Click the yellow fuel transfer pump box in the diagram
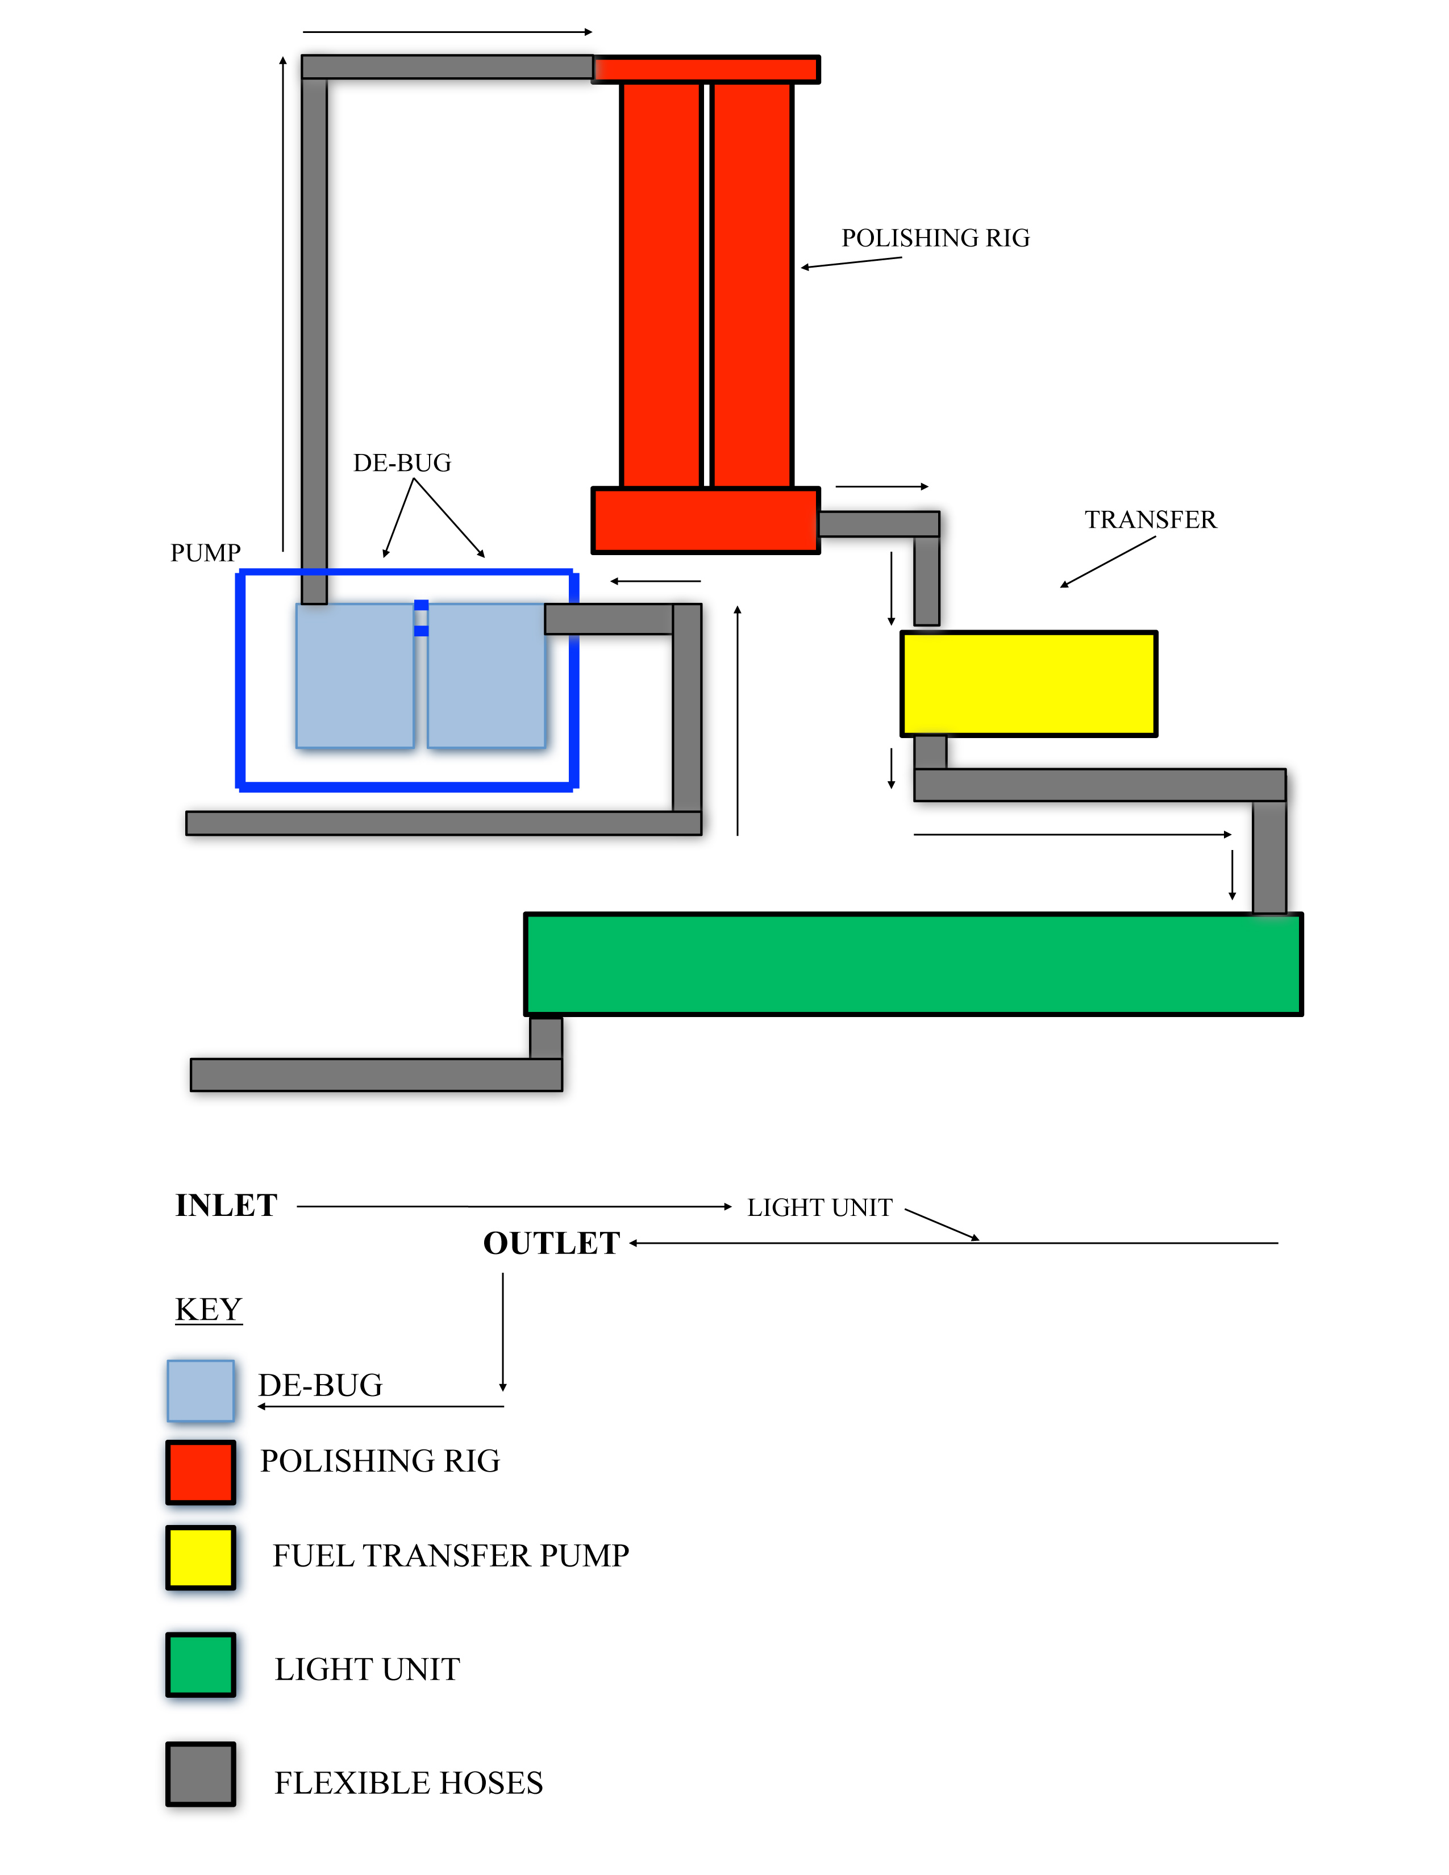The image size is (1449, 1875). point(1029,684)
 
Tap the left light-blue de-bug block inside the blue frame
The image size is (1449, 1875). point(355,676)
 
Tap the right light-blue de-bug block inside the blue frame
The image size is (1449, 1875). point(486,676)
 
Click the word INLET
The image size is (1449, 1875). point(227,1205)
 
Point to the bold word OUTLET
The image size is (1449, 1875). point(551,1243)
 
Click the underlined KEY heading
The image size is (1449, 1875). point(209,1309)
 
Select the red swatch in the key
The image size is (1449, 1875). point(201,1472)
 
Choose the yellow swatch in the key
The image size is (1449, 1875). point(201,1556)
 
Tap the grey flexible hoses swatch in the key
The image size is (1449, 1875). point(201,1774)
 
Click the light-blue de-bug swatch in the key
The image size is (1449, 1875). point(201,1390)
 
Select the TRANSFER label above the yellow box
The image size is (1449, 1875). point(1150,519)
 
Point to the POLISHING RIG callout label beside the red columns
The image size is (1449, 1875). point(936,238)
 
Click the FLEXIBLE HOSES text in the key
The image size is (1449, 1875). point(409,1783)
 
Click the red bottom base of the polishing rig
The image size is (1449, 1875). point(706,520)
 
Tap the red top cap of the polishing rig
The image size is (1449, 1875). point(706,69)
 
